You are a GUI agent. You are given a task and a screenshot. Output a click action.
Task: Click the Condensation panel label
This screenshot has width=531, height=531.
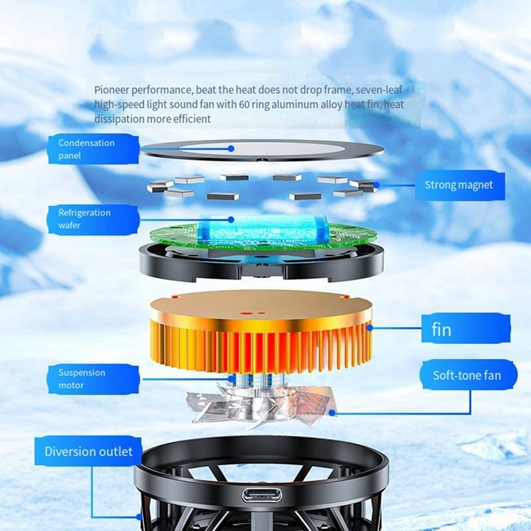coord(94,149)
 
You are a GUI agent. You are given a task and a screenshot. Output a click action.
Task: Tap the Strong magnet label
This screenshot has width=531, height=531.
coord(459,185)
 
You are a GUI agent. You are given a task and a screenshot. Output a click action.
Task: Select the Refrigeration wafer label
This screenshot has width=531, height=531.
coord(93,220)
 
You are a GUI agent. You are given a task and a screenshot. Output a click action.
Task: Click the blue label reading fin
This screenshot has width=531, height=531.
coord(466,329)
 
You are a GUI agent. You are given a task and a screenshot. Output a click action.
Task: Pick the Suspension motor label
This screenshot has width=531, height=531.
coord(94,379)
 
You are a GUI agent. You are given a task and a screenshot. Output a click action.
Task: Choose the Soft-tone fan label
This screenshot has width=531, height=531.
coord(469,375)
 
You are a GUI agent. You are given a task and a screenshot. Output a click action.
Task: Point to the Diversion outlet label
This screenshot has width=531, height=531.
coord(88,451)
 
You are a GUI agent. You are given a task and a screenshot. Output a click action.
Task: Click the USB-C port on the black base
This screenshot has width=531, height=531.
coord(262,495)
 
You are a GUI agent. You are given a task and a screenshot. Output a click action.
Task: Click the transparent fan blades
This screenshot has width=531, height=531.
coord(261,406)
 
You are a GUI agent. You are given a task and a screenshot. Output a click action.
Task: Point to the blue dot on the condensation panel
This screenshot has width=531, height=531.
coord(231,149)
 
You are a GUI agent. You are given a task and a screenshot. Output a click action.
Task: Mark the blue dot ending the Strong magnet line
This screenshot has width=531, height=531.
coord(376,185)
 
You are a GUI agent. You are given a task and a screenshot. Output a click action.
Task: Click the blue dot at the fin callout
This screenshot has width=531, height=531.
coord(370,328)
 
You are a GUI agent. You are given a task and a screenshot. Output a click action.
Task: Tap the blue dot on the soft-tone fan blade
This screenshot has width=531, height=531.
coord(333,413)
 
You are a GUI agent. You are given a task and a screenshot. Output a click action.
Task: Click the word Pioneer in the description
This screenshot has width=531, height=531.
coord(112,90)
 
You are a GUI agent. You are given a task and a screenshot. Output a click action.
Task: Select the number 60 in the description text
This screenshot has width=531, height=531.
coord(244,104)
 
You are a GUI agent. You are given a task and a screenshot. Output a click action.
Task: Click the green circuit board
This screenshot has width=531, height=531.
coord(263,236)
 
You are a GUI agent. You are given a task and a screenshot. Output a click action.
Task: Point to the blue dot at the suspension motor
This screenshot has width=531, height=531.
coord(231,379)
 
